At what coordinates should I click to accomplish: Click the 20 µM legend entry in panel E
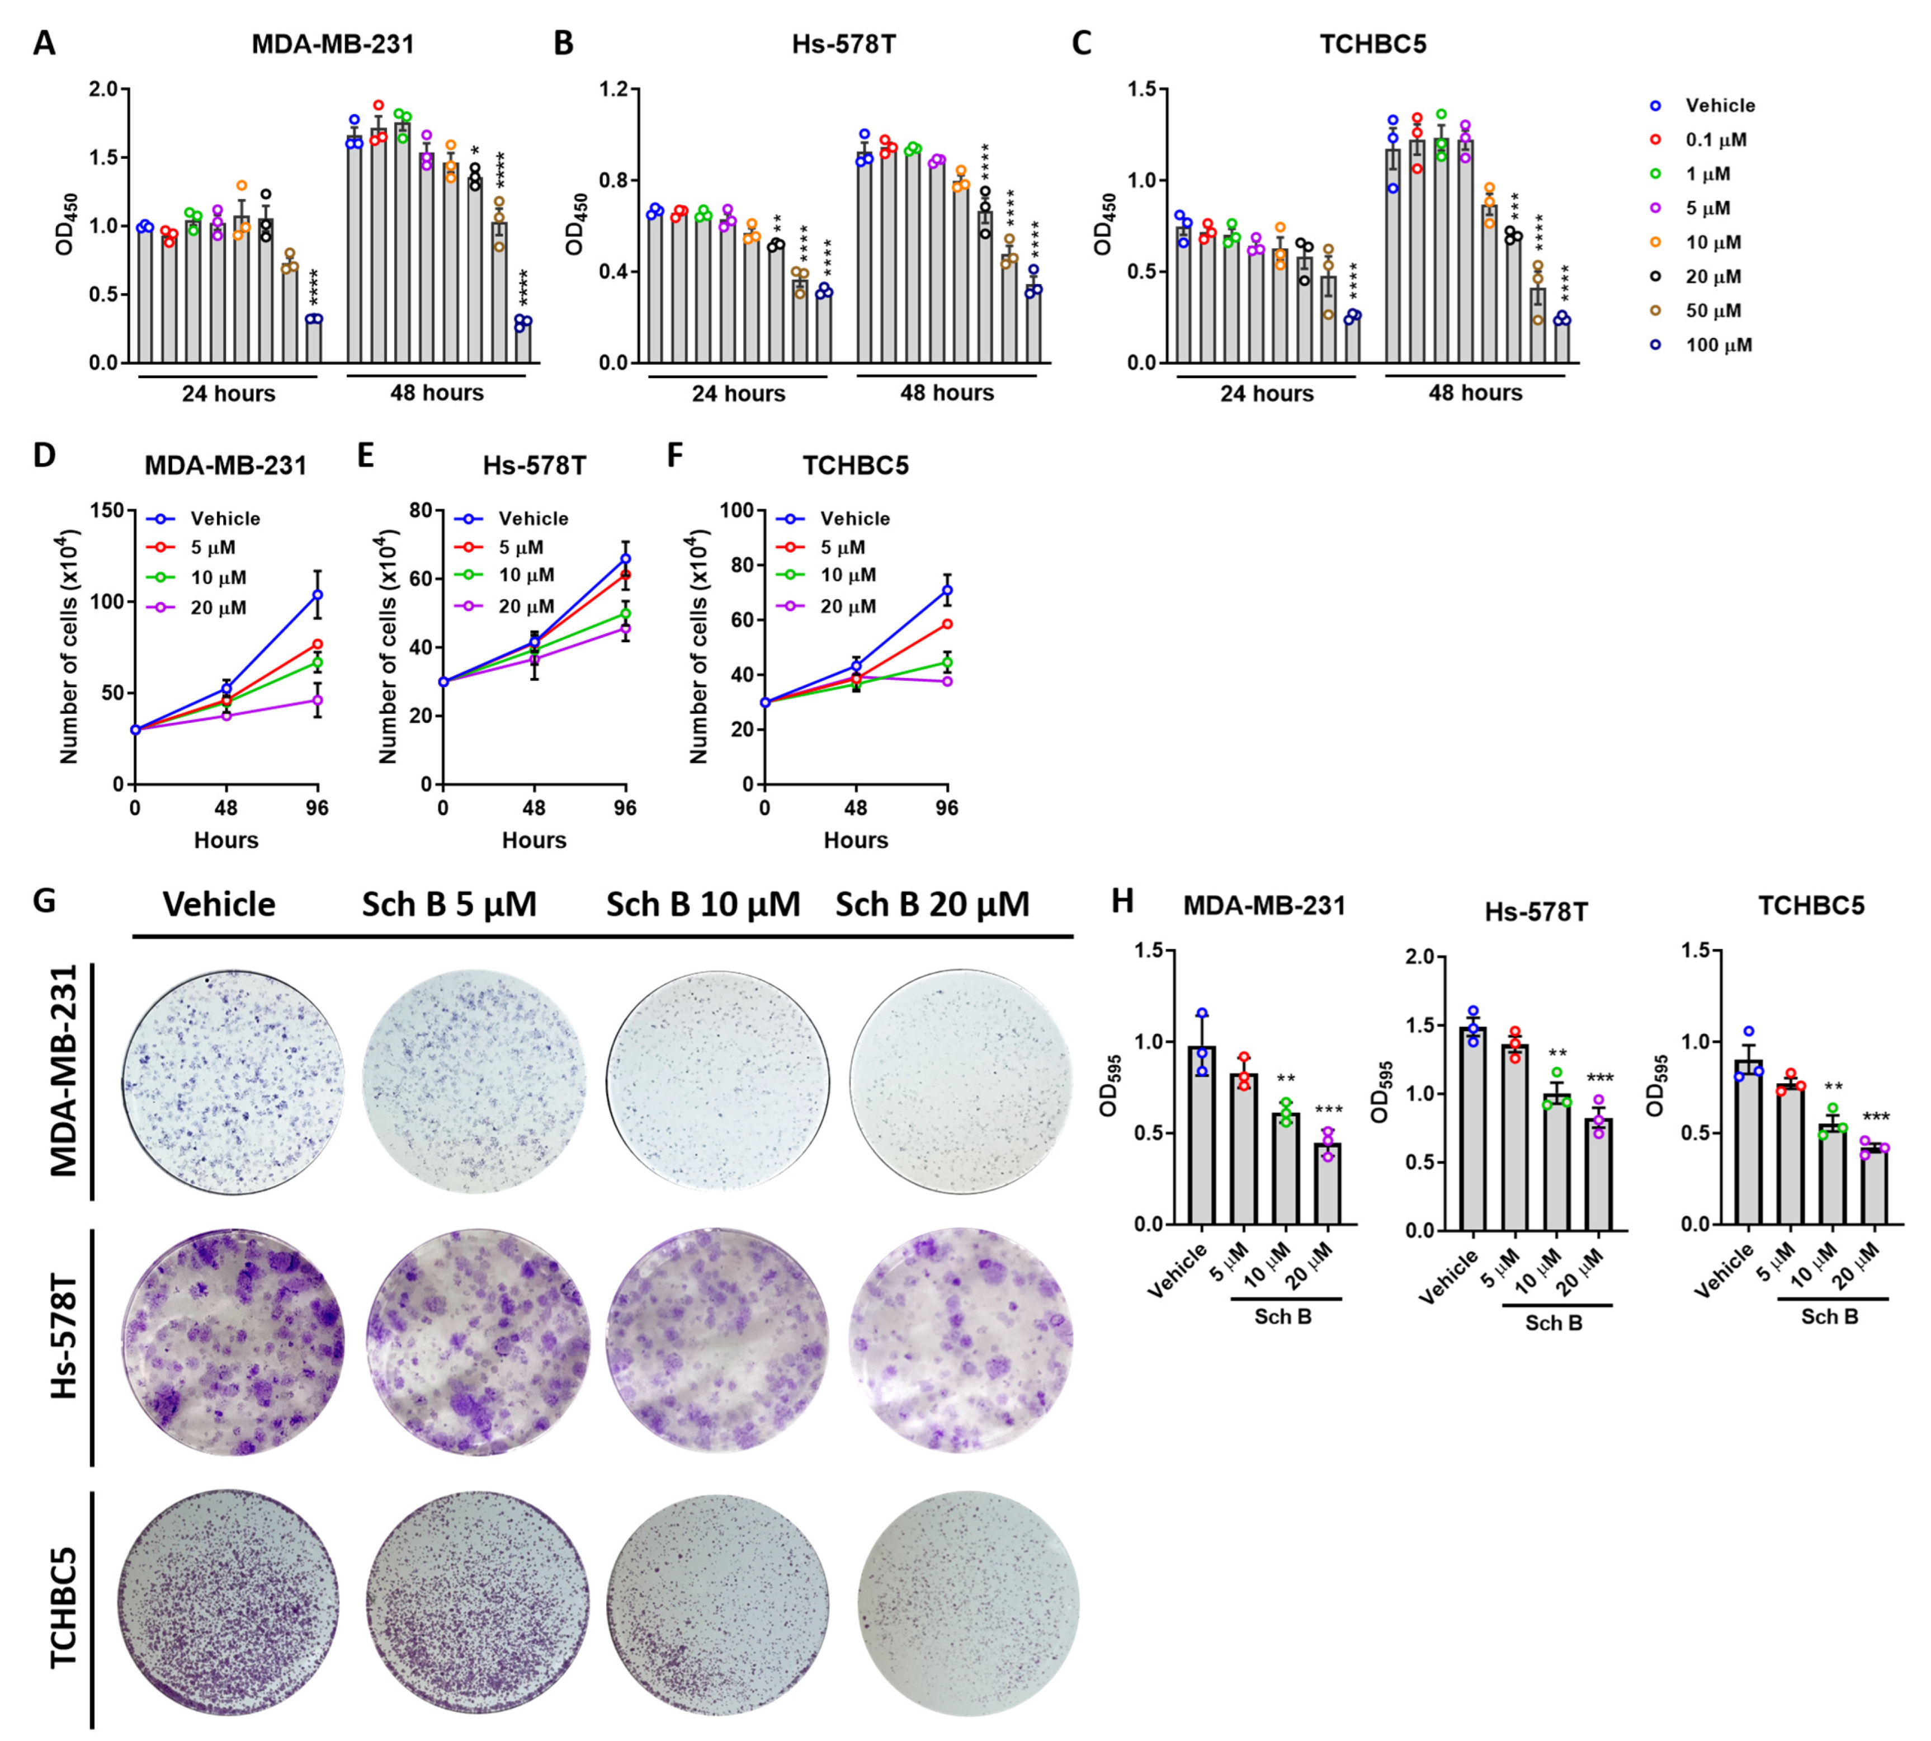point(525,606)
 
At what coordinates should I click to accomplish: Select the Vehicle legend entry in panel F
point(854,519)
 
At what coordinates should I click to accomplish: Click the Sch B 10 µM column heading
point(703,904)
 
